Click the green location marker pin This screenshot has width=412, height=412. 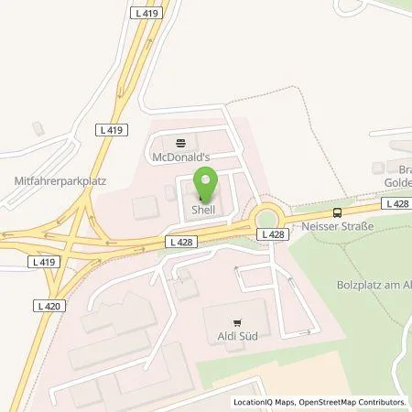pyautogui.click(x=206, y=187)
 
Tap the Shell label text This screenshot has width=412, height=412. pyautogui.click(x=203, y=210)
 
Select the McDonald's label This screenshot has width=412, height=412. pyautogui.click(x=180, y=157)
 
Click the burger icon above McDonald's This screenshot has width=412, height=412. pyautogui.click(x=180, y=143)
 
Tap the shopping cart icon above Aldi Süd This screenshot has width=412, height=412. pyautogui.click(x=237, y=321)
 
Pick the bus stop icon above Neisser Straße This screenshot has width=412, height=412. pyautogui.click(x=339, y=211)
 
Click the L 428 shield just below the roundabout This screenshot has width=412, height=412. pyautogui.click(x=274, y=235)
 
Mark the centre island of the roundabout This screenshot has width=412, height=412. pyautogui.click(x=268, y=217)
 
